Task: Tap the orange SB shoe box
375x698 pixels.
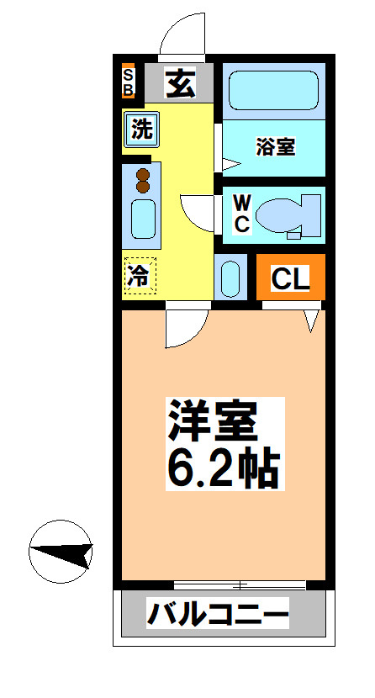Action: click(129, 82)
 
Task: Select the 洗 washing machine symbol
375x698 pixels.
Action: click(141, 130)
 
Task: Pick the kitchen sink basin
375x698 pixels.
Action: click(142, 219)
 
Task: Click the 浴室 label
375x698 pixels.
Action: click(275, 146)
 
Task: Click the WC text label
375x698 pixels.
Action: click(240, 214)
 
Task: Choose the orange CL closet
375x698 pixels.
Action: click(289, 277)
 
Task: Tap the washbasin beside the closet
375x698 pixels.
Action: click(230, 278)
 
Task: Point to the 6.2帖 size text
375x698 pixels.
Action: click(222, 468)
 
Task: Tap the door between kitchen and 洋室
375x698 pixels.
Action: click(186, 328)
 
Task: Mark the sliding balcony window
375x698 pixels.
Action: click(239, 584)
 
